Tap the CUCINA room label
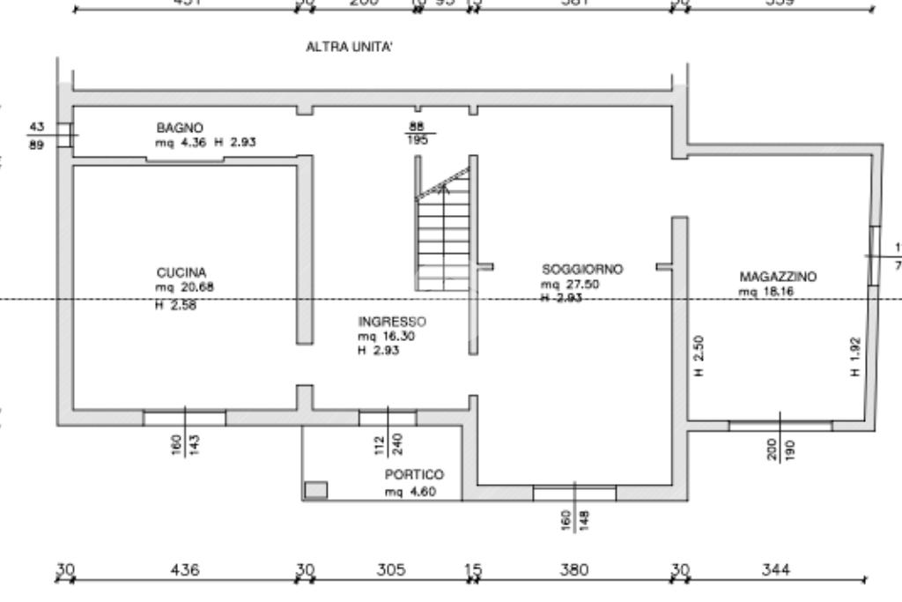coord(181,272)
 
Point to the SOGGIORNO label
coord(582,269)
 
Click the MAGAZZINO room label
coord(778,277)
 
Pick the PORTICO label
coord(414,475)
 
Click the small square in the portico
coord(315,489)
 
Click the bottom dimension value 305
coord(391,570)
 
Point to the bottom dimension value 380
coord(574,570)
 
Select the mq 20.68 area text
coord(185,286)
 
